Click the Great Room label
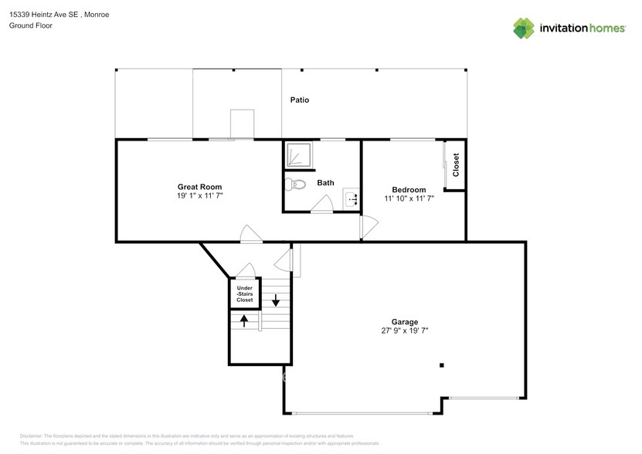pos(200,187)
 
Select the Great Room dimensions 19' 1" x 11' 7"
pos(200,197)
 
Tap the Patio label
pos(300,100)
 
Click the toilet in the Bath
pos(292,185)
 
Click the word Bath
pos(325,183)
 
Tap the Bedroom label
pos(409,190)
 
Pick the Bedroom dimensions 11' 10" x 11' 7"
pos(409,199)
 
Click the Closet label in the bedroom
pos(456,164)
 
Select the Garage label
pos(404,322)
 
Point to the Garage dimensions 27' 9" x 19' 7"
pos(404,331)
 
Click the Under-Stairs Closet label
pos(244,293)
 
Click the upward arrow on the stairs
pos(245,320)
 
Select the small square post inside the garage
pos(442,365)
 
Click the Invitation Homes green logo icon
pos(525,29)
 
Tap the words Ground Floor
pos(30,25)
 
